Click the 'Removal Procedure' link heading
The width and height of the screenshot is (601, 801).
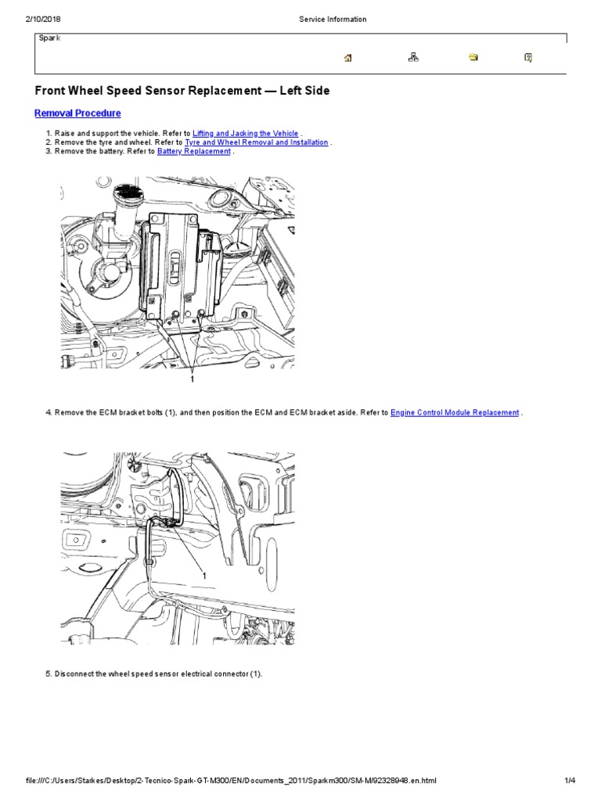[x=77, y=113]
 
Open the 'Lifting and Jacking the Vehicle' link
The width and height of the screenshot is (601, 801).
[x=245, y=134]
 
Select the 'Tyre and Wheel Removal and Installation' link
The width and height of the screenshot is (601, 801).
[x=256, y=143]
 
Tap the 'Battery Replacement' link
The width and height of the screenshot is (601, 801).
[x=194, y=152]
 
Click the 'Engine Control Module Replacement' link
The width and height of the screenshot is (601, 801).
[x=455, y=412]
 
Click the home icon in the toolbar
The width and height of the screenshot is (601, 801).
[x=348, y=57]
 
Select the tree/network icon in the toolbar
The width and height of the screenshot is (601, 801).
[x=413, y=57]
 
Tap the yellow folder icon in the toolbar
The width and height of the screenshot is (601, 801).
[x=473, y=57]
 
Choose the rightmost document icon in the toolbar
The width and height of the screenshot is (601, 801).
[x=528, y=57]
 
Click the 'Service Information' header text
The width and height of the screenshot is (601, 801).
[x=332, y=20]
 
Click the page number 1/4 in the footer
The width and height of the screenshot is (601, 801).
[x=570, y=781]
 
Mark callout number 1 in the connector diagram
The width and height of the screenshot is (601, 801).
[x=204, y=575]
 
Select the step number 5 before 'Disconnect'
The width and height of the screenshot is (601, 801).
[x=48, y=673]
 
